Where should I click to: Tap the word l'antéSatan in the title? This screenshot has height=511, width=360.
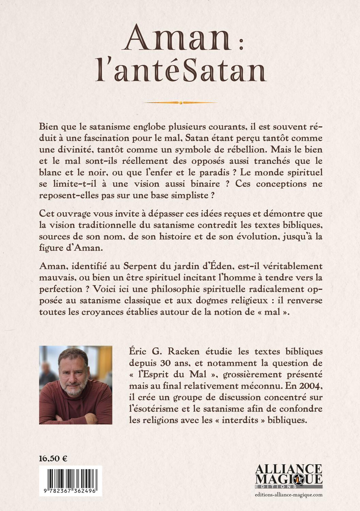pyautogui.click(x=180, y=73)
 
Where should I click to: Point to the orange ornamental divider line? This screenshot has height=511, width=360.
pyautogui.click(x=181, y=102)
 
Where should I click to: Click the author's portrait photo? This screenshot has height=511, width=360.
pyautogui.click(x=76, y=385)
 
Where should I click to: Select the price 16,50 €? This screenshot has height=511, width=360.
pyautogui.click(x=53, y=458)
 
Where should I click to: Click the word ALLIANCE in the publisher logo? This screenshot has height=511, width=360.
pyautogui.click(x=288, y=469)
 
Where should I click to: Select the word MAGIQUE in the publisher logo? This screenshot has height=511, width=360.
pyautogui.click(x=288, y=479)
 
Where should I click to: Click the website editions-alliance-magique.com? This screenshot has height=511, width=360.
pyautogui.click(x=288, y=495)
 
